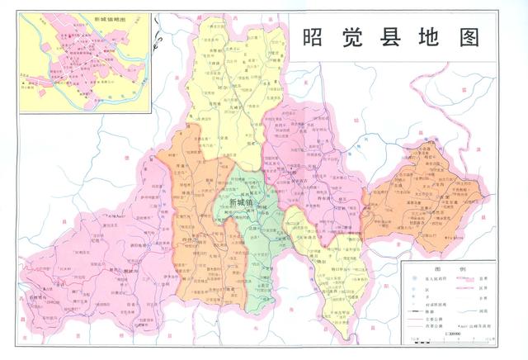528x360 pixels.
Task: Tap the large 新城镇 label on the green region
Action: [x=243, y=202]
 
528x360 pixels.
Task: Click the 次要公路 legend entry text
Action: [x=434, y=327]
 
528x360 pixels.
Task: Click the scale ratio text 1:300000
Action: [x=454, y=334]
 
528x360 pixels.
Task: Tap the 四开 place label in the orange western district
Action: [x=188, y=239]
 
